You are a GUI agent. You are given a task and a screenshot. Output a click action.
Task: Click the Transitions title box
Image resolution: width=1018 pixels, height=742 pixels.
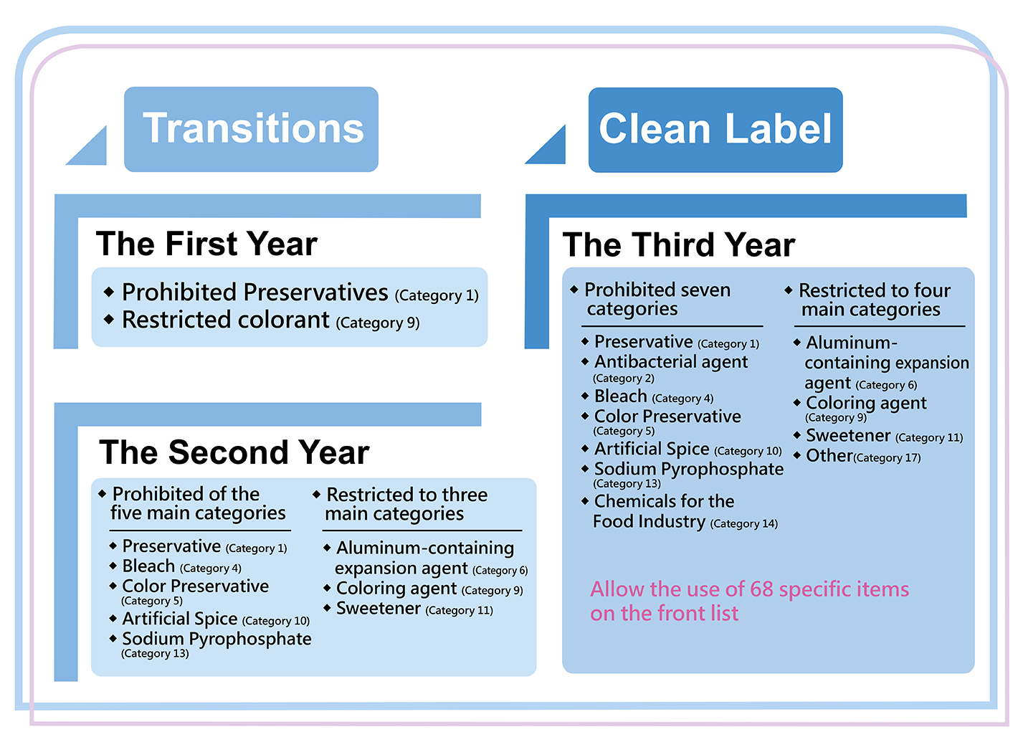(251, 129)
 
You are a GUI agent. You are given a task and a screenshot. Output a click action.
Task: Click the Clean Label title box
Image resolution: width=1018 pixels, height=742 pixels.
(715, 130)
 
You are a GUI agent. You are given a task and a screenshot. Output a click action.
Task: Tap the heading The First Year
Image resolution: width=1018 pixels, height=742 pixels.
(206, 244)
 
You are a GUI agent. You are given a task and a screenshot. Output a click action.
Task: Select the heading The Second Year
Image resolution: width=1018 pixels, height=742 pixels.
(234, 452)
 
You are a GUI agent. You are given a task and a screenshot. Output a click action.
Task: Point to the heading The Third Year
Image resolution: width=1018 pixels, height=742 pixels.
(679, 245)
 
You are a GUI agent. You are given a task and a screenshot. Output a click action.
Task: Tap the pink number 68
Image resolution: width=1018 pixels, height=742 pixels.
(761, 589)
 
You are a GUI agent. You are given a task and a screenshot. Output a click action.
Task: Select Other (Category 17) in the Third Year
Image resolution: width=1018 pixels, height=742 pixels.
(863, 456)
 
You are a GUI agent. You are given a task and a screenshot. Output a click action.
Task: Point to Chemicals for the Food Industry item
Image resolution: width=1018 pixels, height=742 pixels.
(685, 512)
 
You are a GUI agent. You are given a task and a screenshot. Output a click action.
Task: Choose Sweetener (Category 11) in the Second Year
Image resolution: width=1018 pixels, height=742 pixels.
(414, 609)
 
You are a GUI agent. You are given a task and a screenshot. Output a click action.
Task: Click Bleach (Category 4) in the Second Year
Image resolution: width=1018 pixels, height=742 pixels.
(182, 566)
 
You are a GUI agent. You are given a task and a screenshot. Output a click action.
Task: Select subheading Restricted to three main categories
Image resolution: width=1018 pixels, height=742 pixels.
(406, 504)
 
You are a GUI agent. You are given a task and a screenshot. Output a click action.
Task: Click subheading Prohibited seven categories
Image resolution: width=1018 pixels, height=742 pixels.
(657, 299)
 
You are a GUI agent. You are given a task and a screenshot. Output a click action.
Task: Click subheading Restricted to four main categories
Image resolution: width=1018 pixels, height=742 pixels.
(875, 300)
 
